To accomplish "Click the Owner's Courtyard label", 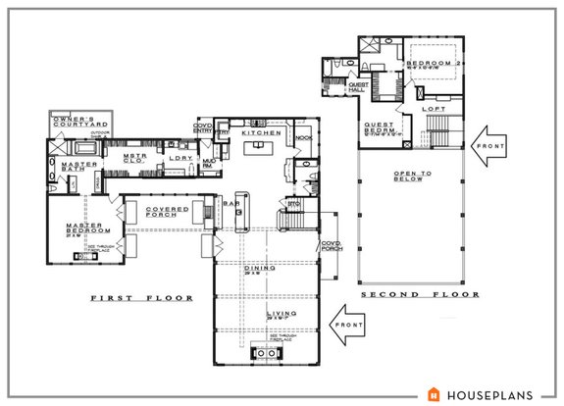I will point(77,123).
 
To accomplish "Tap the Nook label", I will point(302,139).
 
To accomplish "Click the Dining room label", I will point(261,268).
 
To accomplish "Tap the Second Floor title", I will point(420,293).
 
